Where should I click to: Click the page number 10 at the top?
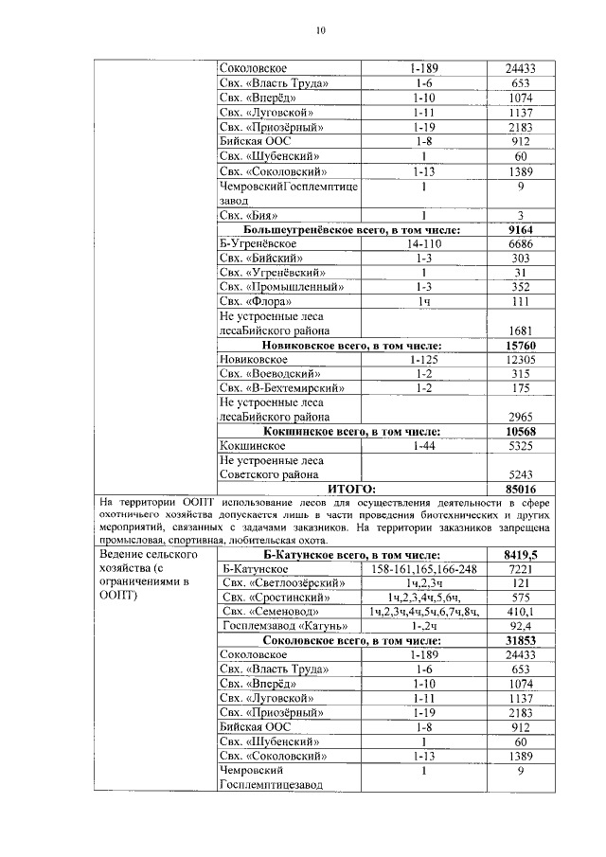pos(320,31)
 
